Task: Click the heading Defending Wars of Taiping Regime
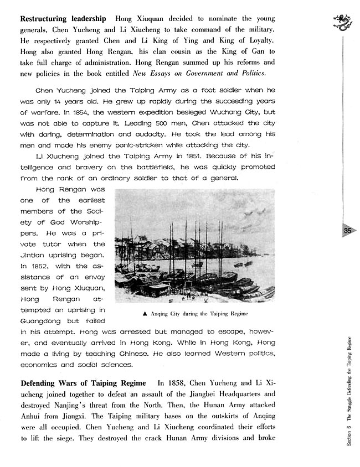[x=83, y=383]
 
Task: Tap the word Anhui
[x=32, y=419]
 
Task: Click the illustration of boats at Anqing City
[x=194, y=247]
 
